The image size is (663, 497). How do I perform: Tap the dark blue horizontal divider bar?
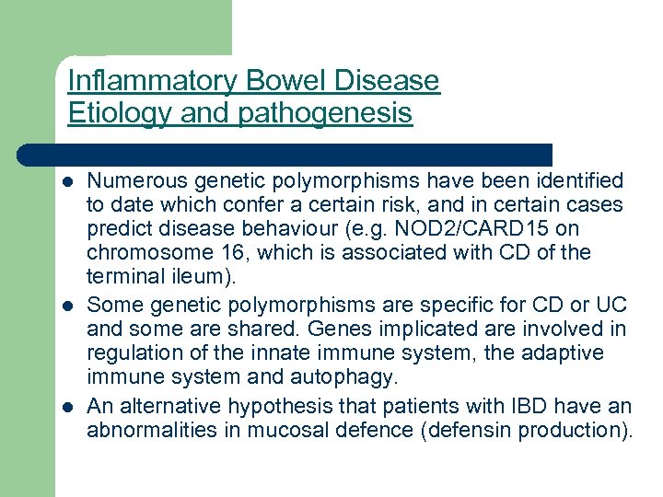(x=285, y=155)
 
